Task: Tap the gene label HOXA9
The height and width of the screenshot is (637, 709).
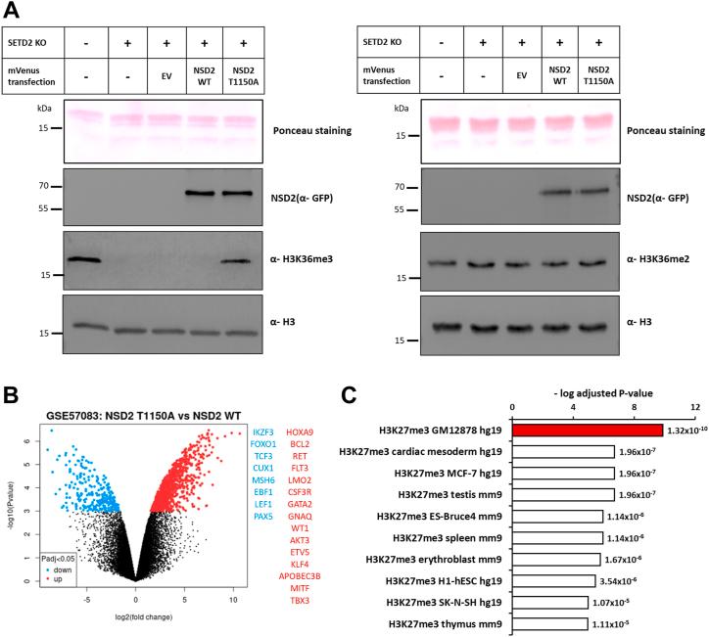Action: coord(301,404)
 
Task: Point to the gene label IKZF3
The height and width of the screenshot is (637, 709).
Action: coord(263,404)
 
